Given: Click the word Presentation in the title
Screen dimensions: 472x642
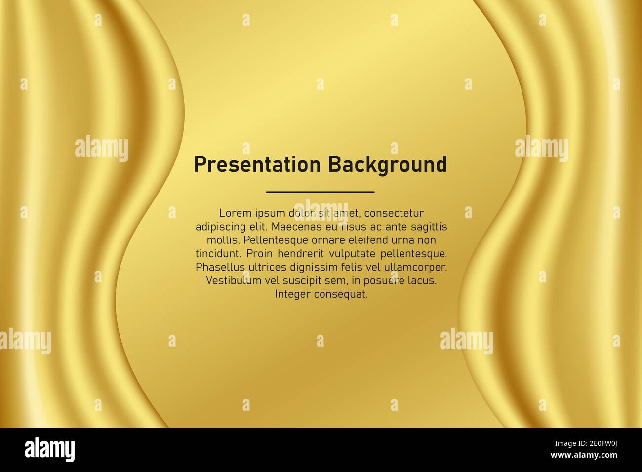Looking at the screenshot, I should click(257, 165).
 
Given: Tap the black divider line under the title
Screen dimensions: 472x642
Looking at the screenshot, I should click(320, 192).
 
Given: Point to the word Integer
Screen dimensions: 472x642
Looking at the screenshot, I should click(292, 294).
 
